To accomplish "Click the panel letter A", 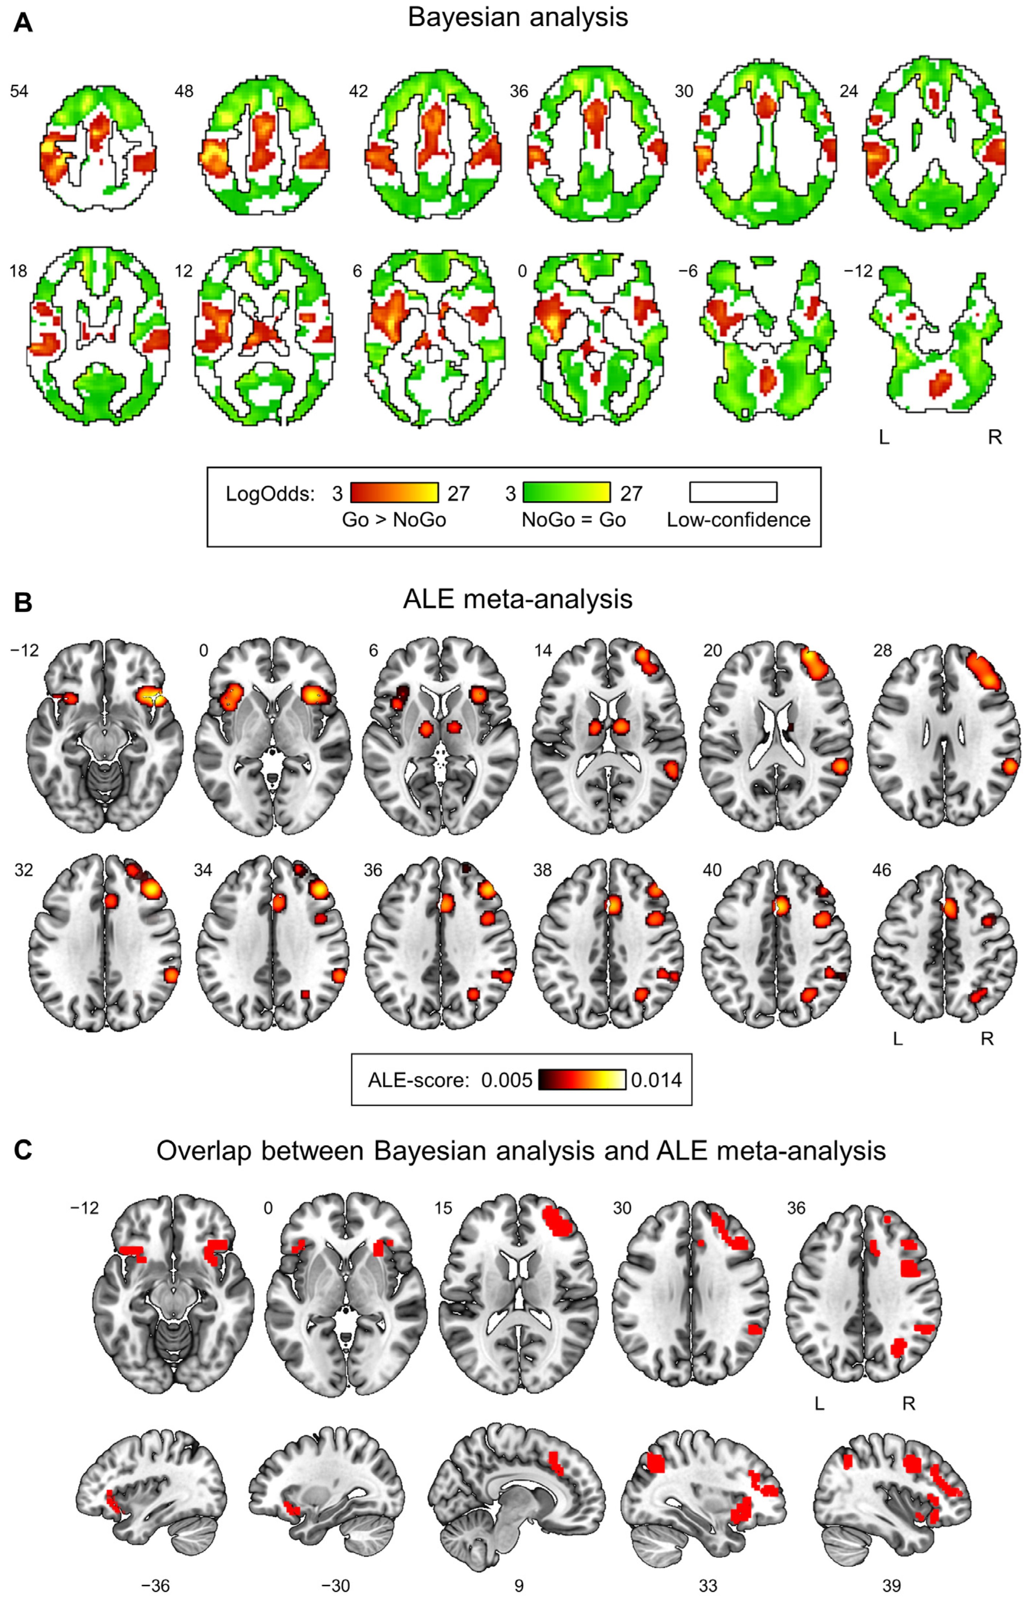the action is [23, 23].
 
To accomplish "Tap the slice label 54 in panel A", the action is [19, 91].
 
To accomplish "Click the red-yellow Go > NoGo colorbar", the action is [394, 493].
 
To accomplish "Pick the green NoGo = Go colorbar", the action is [566, 493].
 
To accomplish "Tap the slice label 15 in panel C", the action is [443, 1208].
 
